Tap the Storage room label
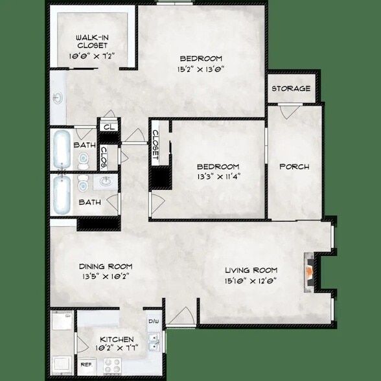(x=290, y=89)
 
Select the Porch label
(x=294, y=167)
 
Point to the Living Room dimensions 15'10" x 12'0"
(x=251, y=281)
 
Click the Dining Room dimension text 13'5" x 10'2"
(x=106, y=277)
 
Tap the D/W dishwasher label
(x=154, y=321)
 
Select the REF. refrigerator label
(x=86, y=364)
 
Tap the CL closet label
(x=108, y=127)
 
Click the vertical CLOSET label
(x=156, y=144)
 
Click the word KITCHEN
(x=117, y=340)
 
